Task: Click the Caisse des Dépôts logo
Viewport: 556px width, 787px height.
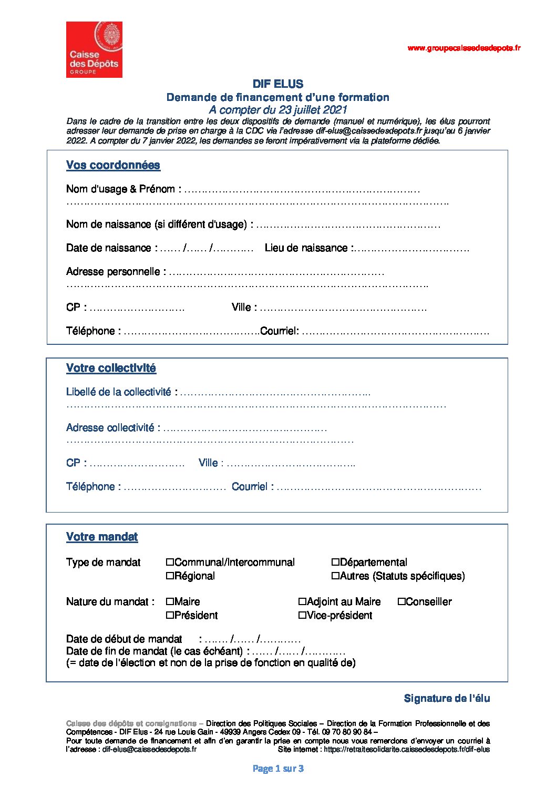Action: click(x=94, y=49)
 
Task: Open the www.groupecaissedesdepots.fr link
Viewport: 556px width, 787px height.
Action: click(x=464, y=48)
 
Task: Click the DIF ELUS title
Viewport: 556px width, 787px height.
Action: click(x=277, y=84)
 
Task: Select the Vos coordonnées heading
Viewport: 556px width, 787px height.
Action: click(x=113, y=165)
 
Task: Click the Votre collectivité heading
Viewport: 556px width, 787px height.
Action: click(x=111, y=368)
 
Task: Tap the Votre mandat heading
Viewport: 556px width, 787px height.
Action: click(x=102, y=537)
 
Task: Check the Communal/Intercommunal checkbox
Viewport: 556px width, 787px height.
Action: click(x=170, y=562)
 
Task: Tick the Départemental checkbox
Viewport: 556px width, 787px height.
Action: click(x=335, y=562)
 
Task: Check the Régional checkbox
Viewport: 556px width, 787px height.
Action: click(x=170, y=576)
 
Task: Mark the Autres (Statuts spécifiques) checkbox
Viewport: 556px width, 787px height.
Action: click(x=335, y=576)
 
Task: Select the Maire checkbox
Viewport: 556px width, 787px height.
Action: click(x=170, y=601)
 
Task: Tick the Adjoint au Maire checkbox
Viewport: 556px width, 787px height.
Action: click(x=302, y=601)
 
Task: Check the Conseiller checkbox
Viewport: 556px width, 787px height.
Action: click(x=401, y=601)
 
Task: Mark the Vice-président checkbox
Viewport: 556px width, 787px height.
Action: click(x=302, y=615)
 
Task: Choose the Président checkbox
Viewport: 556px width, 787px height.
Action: click(x=170, y=615)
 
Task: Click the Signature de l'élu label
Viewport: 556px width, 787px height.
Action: click(x=447, y=698)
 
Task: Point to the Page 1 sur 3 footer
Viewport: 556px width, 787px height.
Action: click(x=278, y=769)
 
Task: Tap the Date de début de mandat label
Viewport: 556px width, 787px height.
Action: click(x=124, y=639)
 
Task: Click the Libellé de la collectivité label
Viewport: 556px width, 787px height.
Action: click(x=119, y=392)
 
